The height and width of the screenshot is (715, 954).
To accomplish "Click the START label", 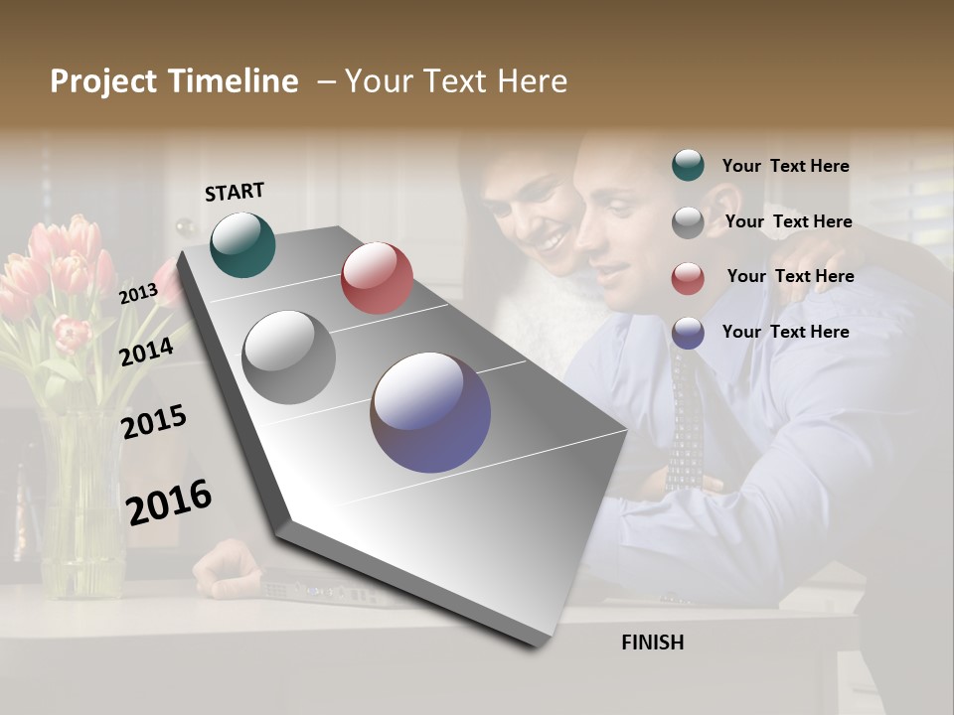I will tap(235, 192).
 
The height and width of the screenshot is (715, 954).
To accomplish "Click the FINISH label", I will tap(652, 643).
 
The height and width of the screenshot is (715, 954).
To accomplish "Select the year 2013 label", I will tap(138, 293).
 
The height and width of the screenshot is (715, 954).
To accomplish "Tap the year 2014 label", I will tap(146, 352).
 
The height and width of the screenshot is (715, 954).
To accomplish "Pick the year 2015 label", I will tap(153, 421).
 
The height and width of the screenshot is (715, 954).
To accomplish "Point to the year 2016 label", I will tap(169, 501).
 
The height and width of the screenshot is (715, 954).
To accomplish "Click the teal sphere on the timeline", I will tap(242, 244).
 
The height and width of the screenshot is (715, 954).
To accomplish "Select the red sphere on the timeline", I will tap(377, 278).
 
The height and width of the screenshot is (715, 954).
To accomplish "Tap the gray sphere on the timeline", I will tap(288, 357).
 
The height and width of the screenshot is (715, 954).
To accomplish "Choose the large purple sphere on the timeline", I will tap(430, 412).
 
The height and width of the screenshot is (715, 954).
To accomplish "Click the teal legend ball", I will tap(688, 165).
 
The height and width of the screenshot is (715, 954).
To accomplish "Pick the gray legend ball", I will tap(688, 222).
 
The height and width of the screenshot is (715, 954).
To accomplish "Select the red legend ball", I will tap(688, 278).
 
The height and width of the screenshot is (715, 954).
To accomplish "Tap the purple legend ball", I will tap(688, 333).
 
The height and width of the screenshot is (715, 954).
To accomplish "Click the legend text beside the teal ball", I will tap(785, 166).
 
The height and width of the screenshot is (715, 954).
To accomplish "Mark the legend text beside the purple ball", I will tap(785, 332).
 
